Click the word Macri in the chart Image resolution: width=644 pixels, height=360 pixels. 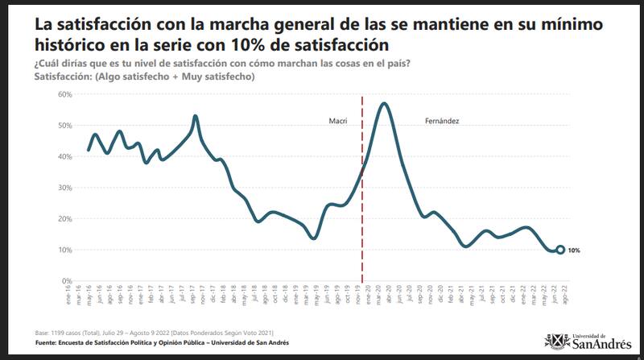[337, 121]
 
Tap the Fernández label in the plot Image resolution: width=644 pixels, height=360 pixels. [442, 121]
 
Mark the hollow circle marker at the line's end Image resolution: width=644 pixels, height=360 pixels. [560, 250]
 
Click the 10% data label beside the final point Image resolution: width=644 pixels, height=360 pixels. [574, 250]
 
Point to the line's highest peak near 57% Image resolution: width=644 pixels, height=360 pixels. [385, 103]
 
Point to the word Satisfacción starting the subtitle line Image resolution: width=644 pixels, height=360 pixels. [63, 77]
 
